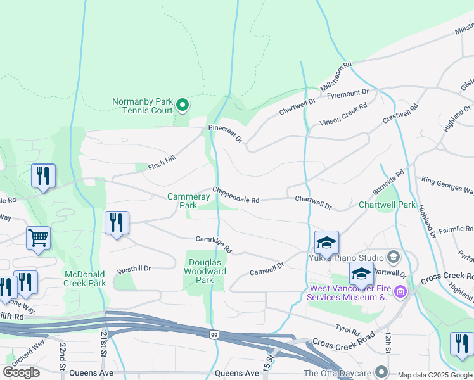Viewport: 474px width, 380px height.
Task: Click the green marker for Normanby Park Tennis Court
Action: point(183,105)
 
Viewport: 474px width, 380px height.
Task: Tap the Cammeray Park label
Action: point(188,201)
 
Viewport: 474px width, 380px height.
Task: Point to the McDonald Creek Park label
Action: point(85,279)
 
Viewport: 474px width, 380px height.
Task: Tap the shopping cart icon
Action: point(39,239)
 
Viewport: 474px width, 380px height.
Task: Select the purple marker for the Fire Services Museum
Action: point(400,291)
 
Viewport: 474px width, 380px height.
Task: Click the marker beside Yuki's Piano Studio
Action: point(393,256)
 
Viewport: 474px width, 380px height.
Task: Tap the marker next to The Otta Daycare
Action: point(381,372)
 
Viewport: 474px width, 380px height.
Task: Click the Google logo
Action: point(22,372)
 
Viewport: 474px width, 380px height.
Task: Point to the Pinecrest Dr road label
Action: point(226,133)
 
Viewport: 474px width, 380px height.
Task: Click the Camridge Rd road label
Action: point(214,243)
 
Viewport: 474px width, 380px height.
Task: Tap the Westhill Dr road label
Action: point(134,269)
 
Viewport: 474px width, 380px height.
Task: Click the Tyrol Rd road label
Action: point(347,331)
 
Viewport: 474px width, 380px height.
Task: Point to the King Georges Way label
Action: point(447,186)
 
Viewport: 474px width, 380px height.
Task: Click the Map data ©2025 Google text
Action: point(435,375)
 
